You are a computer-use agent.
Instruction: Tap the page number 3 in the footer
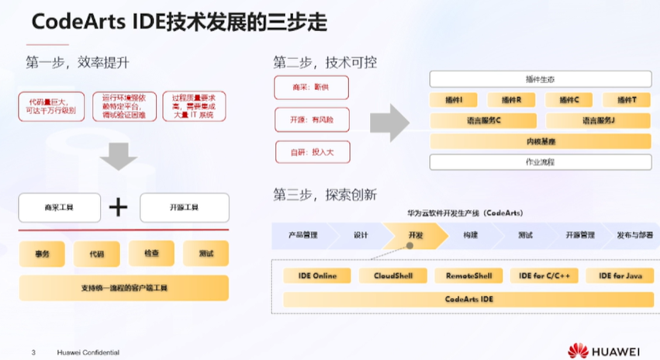[33, 352]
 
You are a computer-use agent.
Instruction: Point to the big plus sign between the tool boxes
[118, 207]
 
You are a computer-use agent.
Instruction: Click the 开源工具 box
[184, 207]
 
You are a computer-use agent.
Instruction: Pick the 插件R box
[511, 100]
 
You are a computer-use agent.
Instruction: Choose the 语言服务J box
[599, 120]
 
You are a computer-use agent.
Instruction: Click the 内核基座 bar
[540, 141]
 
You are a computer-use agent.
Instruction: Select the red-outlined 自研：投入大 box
[311, 151]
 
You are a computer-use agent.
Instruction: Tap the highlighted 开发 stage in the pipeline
[415, 234]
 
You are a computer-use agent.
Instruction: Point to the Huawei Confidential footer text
[88, 352]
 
